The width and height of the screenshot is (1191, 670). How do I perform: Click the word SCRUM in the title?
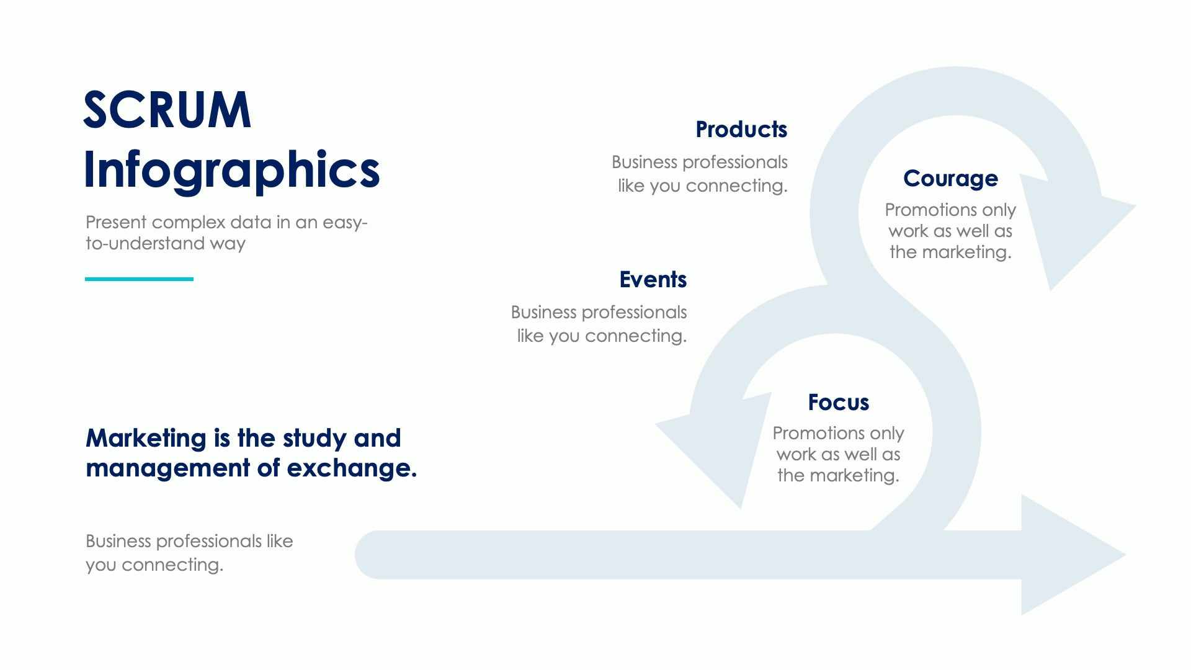167,110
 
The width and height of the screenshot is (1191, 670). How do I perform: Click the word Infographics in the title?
231,169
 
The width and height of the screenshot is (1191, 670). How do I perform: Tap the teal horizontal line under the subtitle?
139,279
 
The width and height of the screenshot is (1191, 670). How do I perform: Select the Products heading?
741,129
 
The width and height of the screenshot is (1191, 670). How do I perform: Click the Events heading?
653,279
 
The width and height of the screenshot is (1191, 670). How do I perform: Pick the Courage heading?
950,178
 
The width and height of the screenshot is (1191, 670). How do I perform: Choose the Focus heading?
838,402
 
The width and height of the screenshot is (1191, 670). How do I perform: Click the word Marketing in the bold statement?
146,438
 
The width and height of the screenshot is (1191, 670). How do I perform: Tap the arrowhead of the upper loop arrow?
1079,230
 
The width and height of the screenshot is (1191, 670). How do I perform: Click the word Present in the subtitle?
116,222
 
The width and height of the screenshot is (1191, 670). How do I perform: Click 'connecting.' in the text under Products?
736,186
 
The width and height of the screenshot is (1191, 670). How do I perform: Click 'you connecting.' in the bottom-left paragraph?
154,565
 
